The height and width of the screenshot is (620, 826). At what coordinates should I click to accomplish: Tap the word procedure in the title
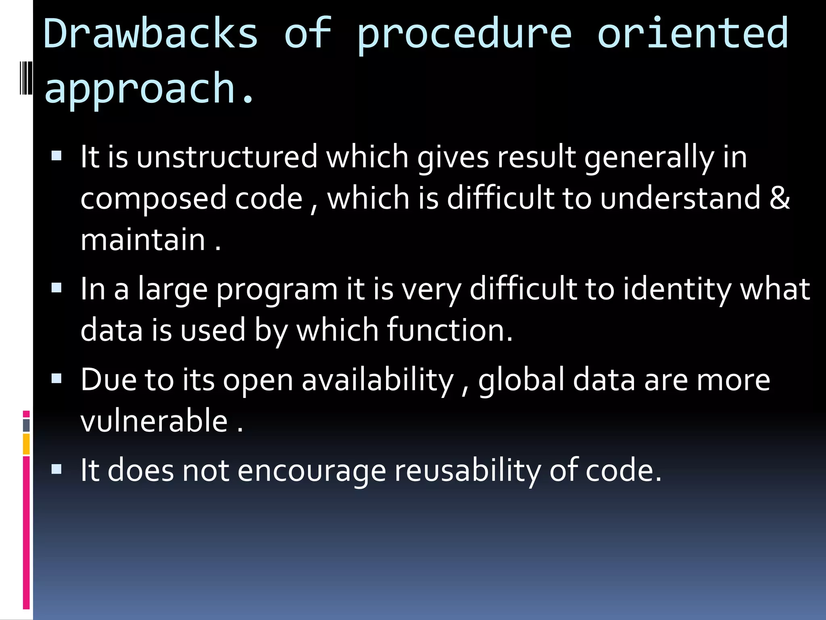(x=464, y=36)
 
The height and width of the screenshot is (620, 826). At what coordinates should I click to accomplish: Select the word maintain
(x=143, y=240)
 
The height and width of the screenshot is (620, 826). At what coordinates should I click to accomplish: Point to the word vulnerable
(x=154, y=421)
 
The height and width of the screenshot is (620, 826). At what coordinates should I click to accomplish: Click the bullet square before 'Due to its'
(x=57, y=378)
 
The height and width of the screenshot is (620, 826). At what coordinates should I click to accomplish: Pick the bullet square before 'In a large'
(x=57, y=288)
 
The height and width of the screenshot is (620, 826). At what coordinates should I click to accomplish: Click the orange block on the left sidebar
(x=26, y=444)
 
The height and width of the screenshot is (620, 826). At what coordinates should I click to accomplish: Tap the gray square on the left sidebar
(x=26, y=425)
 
